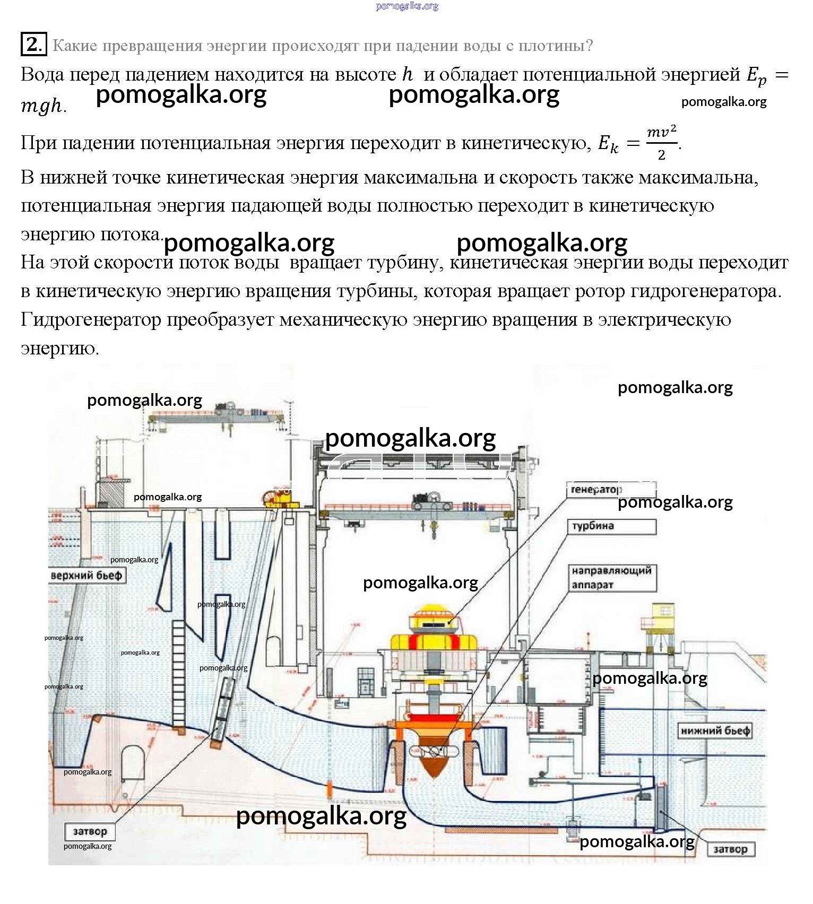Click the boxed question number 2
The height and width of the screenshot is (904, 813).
coord(33,44)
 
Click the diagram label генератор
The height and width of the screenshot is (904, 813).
coord(595,490)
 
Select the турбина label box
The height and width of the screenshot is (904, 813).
coord(611,526)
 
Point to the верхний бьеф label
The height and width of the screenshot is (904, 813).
coord(87,576)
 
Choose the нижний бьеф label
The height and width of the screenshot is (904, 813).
coord(715,731)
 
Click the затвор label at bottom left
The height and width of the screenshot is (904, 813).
coord(90,831)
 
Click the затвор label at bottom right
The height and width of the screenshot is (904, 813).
coord(730,849)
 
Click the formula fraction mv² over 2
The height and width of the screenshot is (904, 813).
coord(661,143)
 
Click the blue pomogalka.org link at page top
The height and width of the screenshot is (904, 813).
coord(407,6)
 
